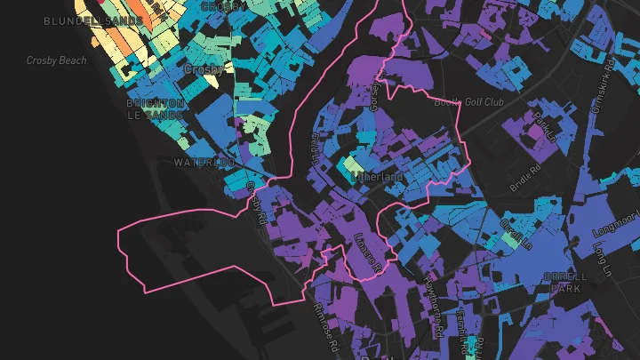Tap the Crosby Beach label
click(56, 60)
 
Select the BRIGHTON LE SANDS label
click(156, 109)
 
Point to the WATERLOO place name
click(204, 163)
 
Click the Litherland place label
click(378, 177)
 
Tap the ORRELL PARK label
click(569, 283)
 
